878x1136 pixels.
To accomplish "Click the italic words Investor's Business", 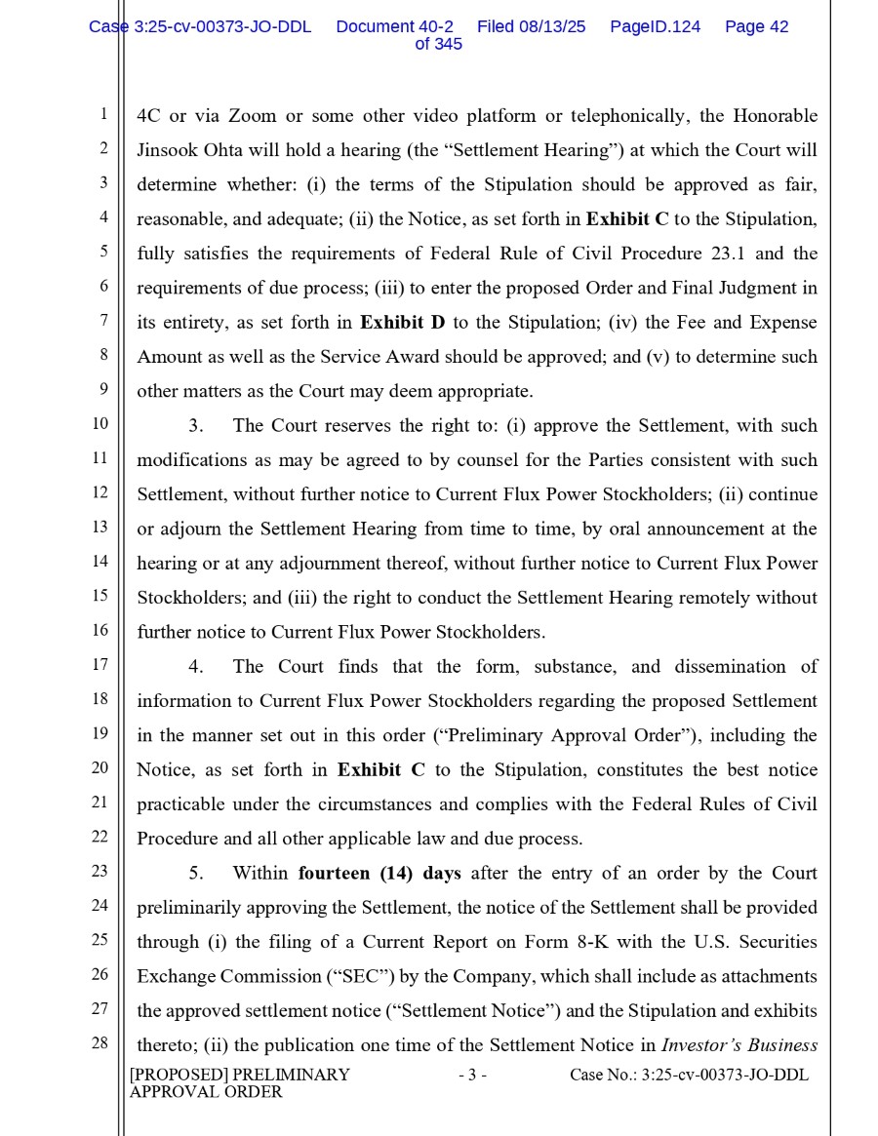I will tap(738, 1045).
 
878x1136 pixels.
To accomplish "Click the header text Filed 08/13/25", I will tap(531, 27).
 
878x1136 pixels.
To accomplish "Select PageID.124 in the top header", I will tap(655, 27).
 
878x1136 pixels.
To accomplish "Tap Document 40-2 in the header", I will tap(394, 27).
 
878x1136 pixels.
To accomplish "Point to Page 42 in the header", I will tap(756, 27).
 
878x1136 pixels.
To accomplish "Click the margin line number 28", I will tap(100, 1042).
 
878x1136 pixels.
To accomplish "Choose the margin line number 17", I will tap(100, 665).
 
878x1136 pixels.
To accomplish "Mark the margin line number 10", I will tap(100, 424).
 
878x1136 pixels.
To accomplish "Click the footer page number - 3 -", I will tap(471, 1076).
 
